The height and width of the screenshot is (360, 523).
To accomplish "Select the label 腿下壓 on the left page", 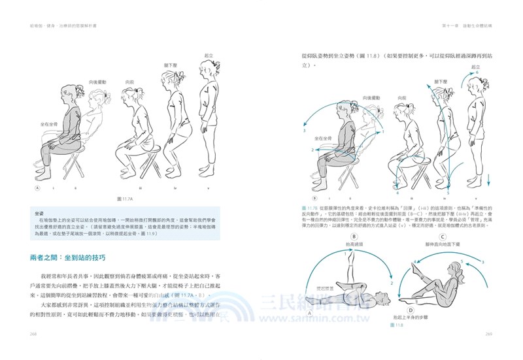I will (171, 65).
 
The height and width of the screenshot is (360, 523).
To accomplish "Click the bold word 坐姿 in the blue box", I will (39, 213).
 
